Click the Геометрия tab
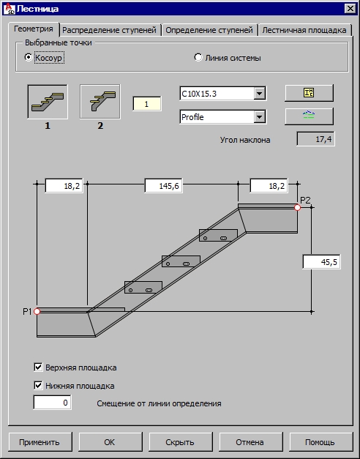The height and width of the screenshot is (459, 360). point(34,29)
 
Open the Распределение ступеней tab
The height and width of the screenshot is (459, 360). point(110,30)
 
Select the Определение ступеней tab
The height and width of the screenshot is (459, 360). point(209,30)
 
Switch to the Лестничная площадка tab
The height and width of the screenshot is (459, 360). point(304,30)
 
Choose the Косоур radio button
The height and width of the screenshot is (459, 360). point(28,57)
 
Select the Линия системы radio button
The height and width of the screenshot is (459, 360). point(198,57)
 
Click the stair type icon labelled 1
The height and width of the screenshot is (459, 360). point(48,102)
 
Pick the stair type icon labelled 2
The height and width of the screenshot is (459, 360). point(100,102)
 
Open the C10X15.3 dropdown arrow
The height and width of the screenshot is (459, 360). point(259,94)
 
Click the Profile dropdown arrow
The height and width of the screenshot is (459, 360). point(259,117)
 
